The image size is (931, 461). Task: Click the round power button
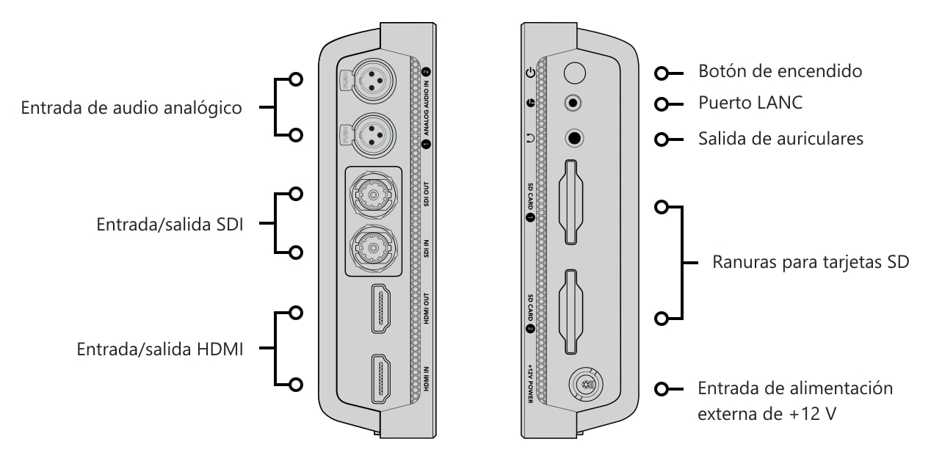(x=575, y=73)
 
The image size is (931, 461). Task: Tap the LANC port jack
(x=573, y=102)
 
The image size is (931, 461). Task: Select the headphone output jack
(x=574, y=138)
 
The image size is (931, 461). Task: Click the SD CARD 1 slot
(x=571, y=202)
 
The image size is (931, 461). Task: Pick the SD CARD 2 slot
(x=571, y=312)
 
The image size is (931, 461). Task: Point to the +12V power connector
(x=586, y=385)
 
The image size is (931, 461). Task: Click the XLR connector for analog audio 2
(x=373, y=81)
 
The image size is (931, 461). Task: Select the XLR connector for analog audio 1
(x=373, y=135)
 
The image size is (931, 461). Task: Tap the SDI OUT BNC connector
(x=373, y=195)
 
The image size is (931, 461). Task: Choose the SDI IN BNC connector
(x=373, y=249)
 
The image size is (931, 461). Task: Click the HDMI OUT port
(x=381, y=308)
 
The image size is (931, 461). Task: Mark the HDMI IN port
(x=381, y=379)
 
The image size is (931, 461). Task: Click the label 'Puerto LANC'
(x=750, y=103)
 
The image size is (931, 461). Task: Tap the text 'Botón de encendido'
(x=780, y=71)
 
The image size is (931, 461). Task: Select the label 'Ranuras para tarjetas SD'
(x=811, y=262)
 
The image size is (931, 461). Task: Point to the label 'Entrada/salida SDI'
(x=170, y=225)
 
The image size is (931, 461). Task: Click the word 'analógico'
(x=203, y=109)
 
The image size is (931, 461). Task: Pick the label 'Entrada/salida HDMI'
(x=160, y=349)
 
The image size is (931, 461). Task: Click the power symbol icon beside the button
(x=530, y=73)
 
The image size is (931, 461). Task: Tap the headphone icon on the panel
(x=530, y=138)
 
